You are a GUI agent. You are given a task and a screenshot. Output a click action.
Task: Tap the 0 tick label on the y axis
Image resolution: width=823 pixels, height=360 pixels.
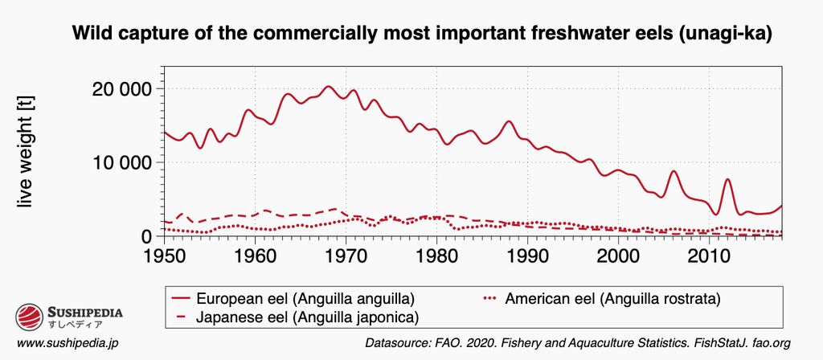click(145, 236)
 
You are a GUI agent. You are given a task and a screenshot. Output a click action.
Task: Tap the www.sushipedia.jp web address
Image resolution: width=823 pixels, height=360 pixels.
click(68, 343)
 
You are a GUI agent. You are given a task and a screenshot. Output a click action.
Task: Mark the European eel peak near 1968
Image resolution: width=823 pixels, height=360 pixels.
click(328, 86)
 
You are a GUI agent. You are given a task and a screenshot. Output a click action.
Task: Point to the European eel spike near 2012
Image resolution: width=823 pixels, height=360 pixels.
click(727, 179)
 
